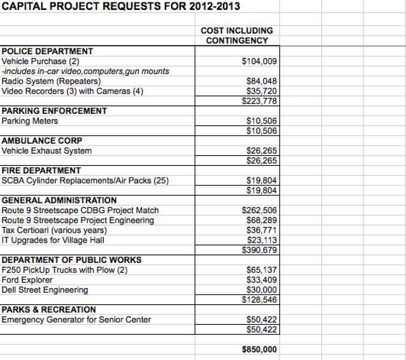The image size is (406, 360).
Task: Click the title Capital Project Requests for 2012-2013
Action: pos(122,7)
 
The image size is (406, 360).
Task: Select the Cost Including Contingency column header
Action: pos(236,35)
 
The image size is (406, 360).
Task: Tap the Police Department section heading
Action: pos(47,51)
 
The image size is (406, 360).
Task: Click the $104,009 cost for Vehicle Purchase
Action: pos(262,61)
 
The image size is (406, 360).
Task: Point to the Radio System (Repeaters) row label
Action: pos(52,81)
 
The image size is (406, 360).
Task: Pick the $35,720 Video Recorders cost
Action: pos(262,91)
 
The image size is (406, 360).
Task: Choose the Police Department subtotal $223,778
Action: pos(260,101)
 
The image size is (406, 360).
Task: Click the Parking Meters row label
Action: pos(30,121)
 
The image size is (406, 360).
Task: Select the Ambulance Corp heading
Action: pos(42,141)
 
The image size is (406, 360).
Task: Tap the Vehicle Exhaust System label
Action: pos(47,151)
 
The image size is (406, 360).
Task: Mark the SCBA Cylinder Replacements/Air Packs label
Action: pos(85,180)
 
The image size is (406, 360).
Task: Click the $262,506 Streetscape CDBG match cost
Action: pos(260,210)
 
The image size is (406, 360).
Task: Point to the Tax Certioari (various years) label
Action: pos(54,230)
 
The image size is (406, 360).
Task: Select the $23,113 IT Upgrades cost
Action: pos(262,240)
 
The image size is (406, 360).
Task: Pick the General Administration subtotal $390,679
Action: pos(260,250)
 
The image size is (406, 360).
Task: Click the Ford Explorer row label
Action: pos(27,280)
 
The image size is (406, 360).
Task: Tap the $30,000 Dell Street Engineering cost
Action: pos(262,290)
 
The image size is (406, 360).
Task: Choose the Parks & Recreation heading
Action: pos(49,309)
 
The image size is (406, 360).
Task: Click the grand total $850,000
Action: pos(259,349)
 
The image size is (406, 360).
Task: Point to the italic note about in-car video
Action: pos(86,71)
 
